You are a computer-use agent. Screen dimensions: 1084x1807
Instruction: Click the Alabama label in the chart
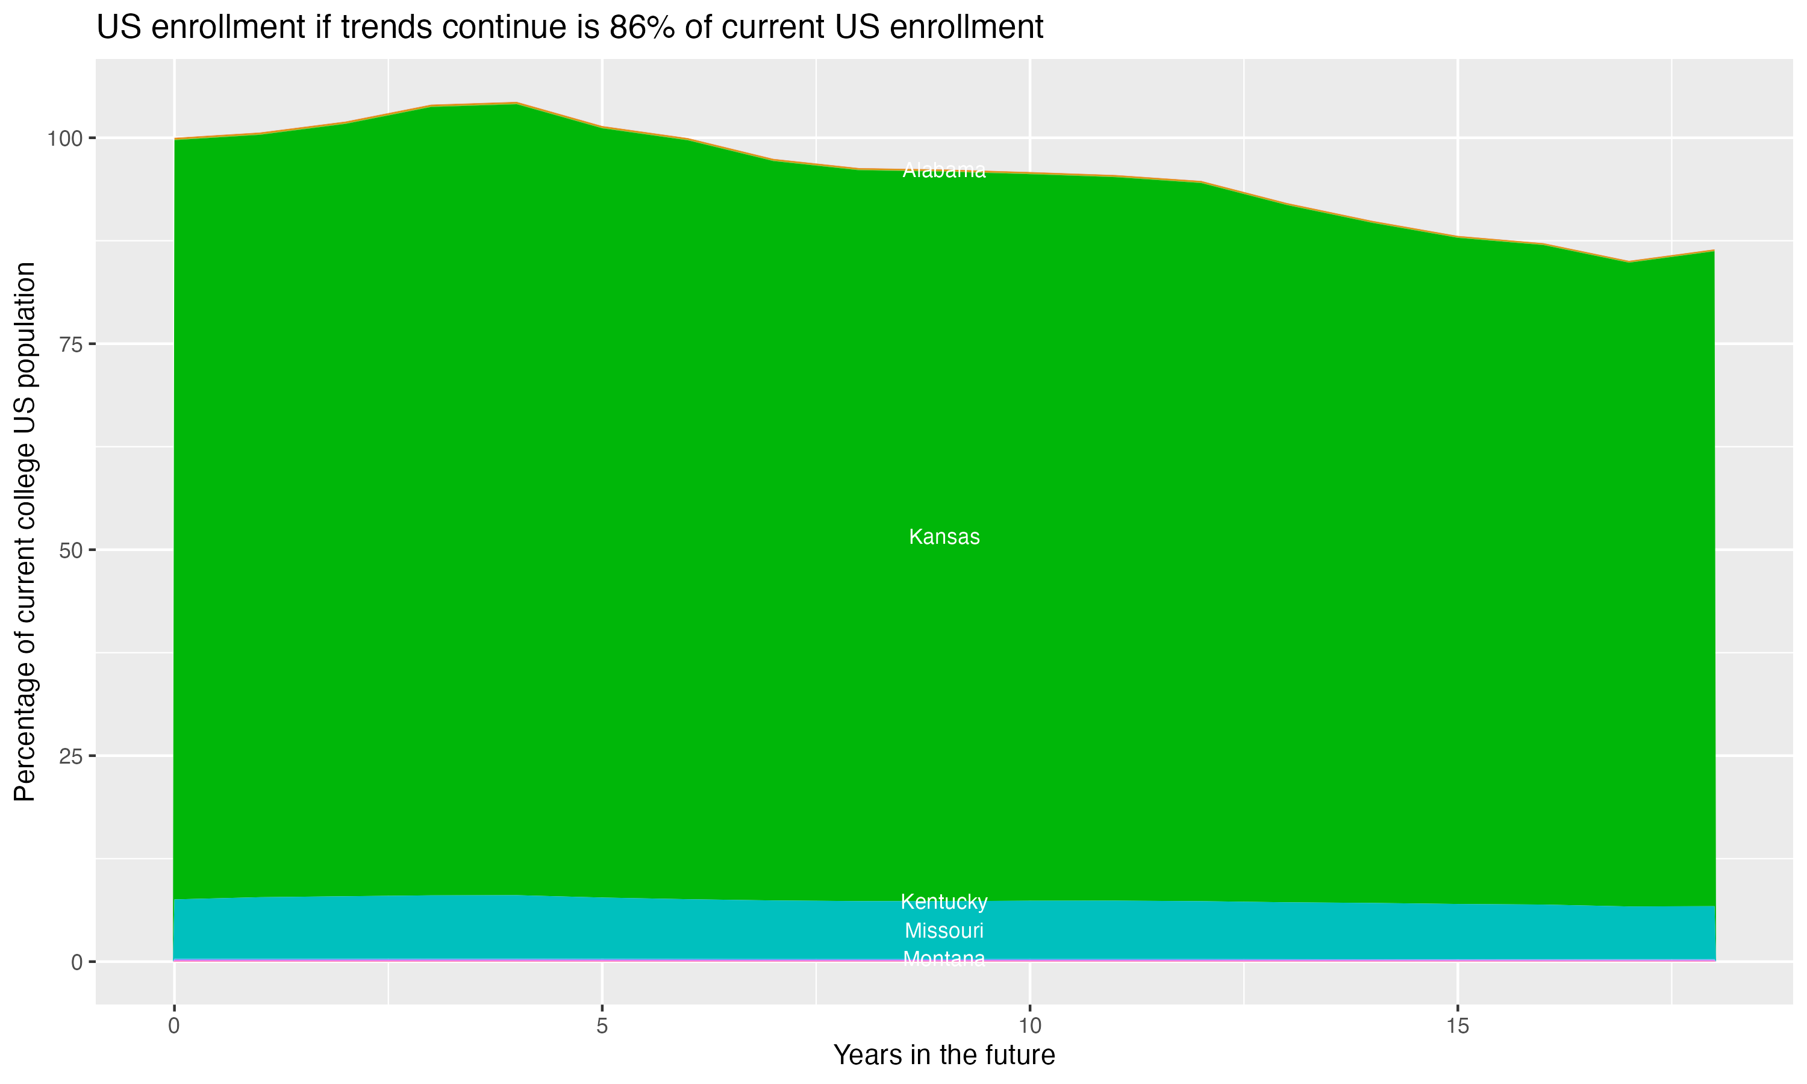pos(944,170)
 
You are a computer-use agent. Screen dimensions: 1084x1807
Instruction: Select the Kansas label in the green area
pos(944,537)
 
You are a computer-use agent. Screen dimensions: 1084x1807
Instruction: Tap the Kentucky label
pos(944,902)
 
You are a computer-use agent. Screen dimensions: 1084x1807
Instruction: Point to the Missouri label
pos(944,930)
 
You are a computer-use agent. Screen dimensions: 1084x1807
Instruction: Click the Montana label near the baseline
pos(944,958)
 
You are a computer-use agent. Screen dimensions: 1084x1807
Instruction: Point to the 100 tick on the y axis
pos(66,138)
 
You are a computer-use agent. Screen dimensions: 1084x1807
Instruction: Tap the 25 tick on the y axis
pos(70,756)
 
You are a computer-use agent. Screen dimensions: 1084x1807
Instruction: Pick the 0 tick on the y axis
pos(76,962)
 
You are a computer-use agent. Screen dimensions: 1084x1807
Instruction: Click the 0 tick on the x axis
pos(174,1026)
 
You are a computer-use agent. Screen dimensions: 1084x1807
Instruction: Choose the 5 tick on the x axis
pos(602,1026)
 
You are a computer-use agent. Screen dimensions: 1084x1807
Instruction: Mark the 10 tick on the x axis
pos(1029,1026)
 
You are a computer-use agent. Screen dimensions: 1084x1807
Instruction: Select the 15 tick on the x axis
pos(1457,1026)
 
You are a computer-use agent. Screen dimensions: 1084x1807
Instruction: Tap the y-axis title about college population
pos(25,531)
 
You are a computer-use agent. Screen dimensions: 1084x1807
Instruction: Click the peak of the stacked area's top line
pos(516,103)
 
